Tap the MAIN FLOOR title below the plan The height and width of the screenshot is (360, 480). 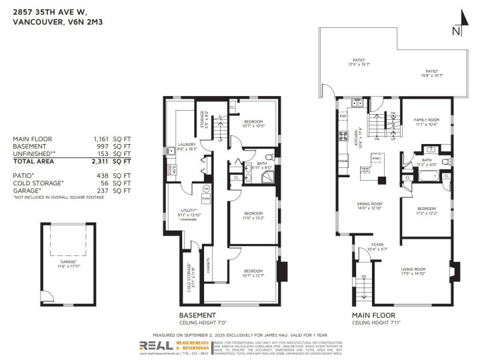click(x=373, y=315)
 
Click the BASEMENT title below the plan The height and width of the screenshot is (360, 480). click(x=197, y=315)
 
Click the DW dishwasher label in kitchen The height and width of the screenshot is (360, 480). click(x=343, y=115)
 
